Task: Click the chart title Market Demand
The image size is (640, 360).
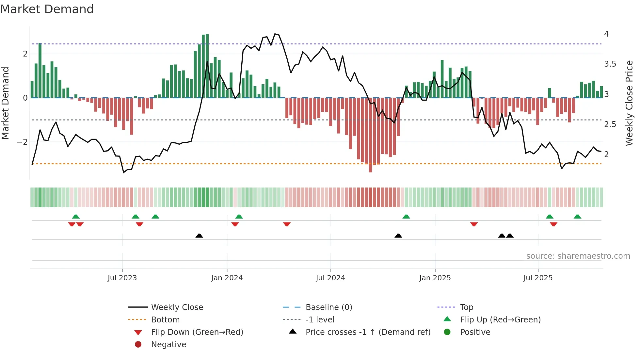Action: (47, 9)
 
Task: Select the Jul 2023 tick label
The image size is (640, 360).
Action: (122, 278)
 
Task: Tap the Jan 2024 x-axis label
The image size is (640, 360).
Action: (227, 278)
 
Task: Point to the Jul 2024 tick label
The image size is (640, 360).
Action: (330, 278)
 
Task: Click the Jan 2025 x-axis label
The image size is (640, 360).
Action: (435, 278)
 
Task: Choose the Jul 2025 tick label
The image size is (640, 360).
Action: (538, 278)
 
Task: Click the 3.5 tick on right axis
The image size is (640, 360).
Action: (610, 64)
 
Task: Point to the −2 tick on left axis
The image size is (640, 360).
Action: (22, 142)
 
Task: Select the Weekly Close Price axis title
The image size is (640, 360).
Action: (629, 103)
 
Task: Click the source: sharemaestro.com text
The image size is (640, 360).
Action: (578, 256)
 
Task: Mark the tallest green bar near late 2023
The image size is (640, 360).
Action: (207, 65)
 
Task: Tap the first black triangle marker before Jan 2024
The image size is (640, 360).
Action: (199, 236)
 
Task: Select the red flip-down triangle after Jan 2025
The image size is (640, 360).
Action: (474, 224)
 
